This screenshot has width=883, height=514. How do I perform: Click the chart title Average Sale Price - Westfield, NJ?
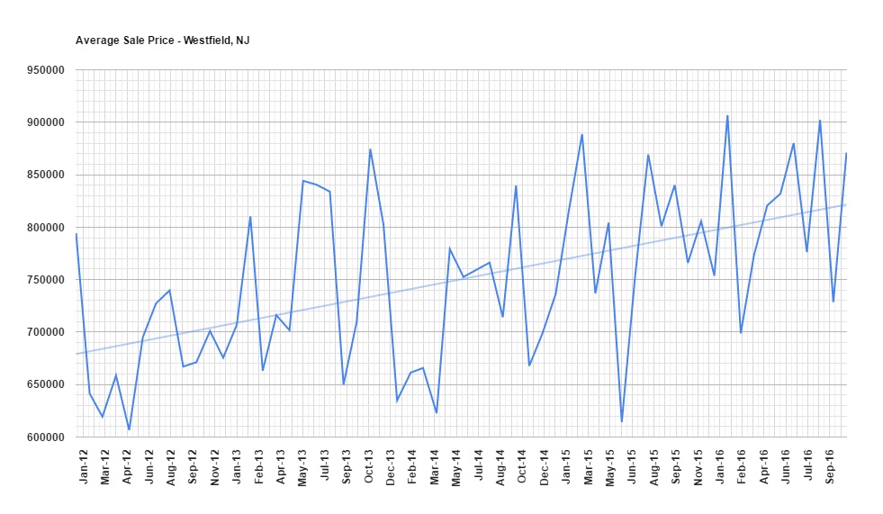pyautogui.click(x=162, y=41)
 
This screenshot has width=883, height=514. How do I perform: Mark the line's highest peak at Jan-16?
pyautogui.click(x=727, y=116)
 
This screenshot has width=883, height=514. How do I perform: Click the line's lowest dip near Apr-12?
pyautogui.click(x=129, y=429)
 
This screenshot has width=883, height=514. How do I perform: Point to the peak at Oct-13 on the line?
pyautogui.click(x=370, y=149)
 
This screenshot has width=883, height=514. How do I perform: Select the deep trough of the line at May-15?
pyautogui.click(x=621, y=421)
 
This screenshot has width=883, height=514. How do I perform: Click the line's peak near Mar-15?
pyautogui.click(x=582, y=135)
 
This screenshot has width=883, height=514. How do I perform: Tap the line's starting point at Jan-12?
pyautogui.click(x=77, y=234)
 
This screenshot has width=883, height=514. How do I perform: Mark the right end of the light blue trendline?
pyautogui.click(x=845, y=204)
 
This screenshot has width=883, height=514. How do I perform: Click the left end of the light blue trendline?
pyautogui.click(x=77, y=354)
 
